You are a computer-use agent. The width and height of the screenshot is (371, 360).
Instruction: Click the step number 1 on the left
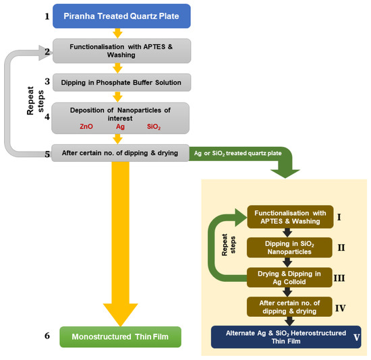click(47, 16)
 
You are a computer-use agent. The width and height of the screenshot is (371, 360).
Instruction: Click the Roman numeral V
click(356, 340)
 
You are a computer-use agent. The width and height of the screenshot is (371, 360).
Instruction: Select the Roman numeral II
click(341, 247)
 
